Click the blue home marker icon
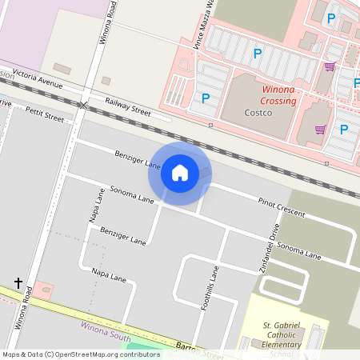180,172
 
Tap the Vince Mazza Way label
203,24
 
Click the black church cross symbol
18,283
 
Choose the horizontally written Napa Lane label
109,275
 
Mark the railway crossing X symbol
83,105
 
